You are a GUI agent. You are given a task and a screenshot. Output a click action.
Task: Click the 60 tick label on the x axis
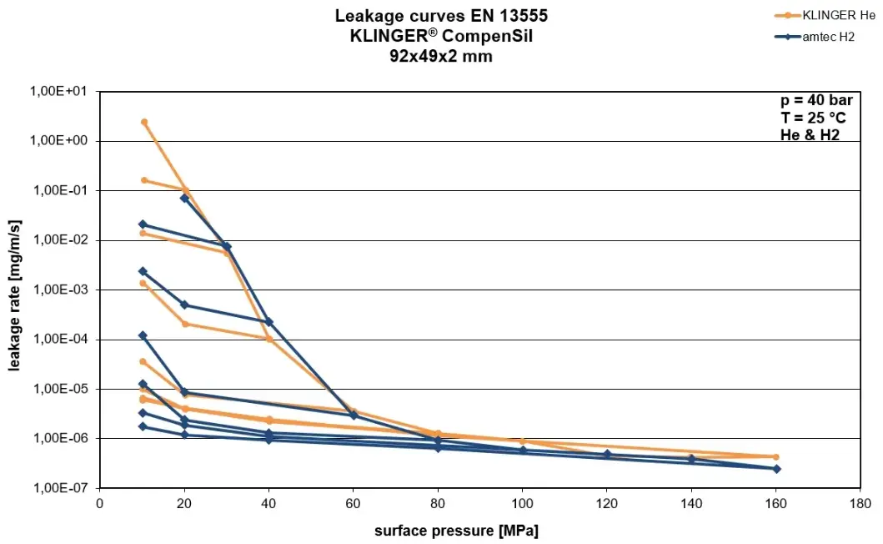pyautogui.click(x=354, y=504)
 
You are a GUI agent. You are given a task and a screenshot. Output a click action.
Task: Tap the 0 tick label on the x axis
pyautogui.click(x=100, y=504)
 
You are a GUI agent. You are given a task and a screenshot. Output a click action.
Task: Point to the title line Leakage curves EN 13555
pyautogui.click(x=441, y=16)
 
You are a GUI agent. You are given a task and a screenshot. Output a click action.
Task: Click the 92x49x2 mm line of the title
pyautogui.click(x=441, y=57)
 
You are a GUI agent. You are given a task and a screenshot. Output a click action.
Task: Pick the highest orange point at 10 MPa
pyautogui.click(x=143, y=122)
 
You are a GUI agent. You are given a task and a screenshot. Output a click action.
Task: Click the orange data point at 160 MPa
pyautogui.click(x=775, y=457)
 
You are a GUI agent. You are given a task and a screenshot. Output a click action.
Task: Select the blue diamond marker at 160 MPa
pyautogui.click(x=776, y=469)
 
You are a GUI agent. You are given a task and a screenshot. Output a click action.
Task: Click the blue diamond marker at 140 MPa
pyautogui.click(x=691, y=459)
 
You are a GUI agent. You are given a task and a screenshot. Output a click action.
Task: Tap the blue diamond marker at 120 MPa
pyautogui.click(x=607, y=454)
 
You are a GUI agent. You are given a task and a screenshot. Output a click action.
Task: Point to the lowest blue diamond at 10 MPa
pyautogui.click(x=143, y=426)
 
